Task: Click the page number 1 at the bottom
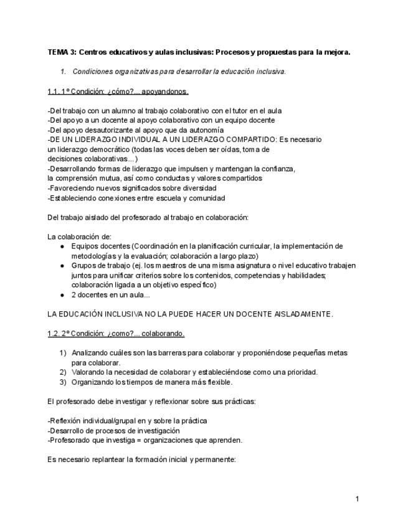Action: (358, 498)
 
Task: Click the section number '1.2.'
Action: (54, 333)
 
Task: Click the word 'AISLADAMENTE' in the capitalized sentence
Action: (303, 314)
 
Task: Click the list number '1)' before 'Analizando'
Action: (63, 352)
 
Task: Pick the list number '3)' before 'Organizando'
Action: (63, 382)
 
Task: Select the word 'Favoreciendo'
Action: (72, 188)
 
